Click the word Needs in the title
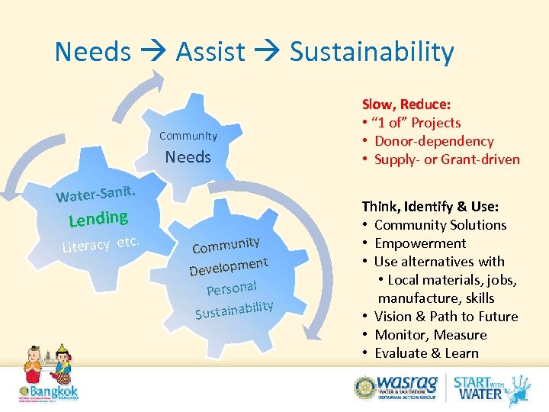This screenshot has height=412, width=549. (92, 52)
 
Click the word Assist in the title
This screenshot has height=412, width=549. (210, 52)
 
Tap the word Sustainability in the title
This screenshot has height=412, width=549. (371, 52)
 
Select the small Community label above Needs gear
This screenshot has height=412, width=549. (188, 136)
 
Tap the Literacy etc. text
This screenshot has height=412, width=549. (101, 243)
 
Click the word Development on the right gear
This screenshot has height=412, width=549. (229, 266)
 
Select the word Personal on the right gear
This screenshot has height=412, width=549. (231, 288)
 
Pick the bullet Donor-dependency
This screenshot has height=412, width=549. (434, 141)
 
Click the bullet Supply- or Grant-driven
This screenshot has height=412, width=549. (447, 159)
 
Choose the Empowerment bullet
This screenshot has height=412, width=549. (420, 243)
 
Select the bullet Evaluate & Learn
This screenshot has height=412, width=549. (426, 353)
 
